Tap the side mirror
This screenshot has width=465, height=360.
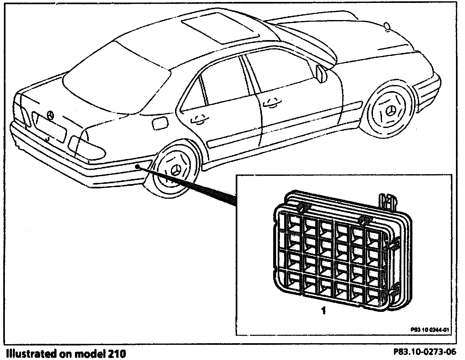(322, 73)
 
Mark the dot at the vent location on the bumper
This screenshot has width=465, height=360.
(138, 166)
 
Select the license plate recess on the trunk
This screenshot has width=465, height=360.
(50, 128)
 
